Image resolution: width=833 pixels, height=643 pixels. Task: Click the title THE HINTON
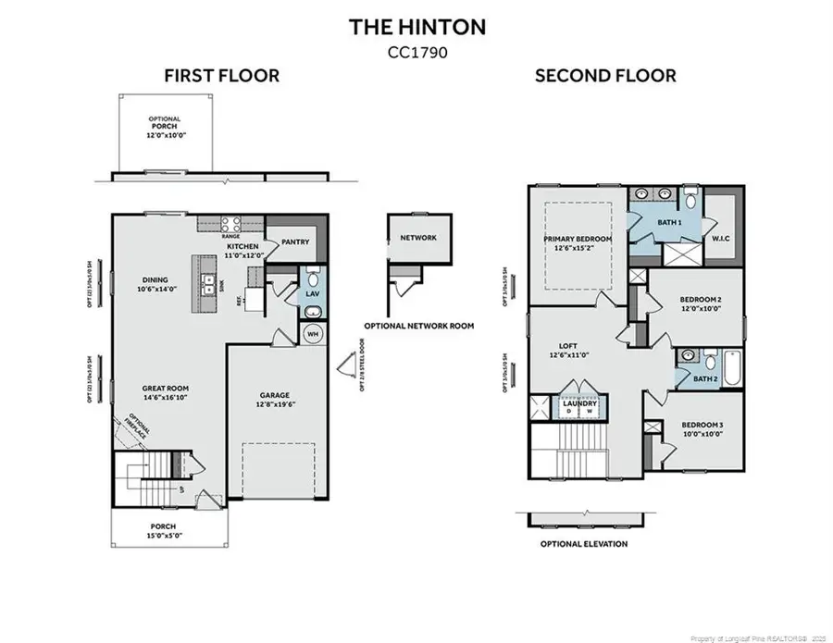[416, 27]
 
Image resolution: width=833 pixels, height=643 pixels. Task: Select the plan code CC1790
[416, 53]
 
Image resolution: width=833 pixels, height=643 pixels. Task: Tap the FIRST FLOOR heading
[221, 76]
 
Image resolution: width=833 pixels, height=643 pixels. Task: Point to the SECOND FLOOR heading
[604, 76]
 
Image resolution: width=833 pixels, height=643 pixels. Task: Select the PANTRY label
[294, 242]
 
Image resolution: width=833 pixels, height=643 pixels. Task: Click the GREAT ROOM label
[165, 390]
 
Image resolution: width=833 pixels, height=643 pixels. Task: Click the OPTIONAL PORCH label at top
[165, 124]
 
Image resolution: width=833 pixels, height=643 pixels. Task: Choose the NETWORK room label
[417, 238]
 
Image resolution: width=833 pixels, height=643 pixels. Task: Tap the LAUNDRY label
[579, 403]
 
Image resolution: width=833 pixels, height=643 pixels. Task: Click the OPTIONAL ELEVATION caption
[584, 544]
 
